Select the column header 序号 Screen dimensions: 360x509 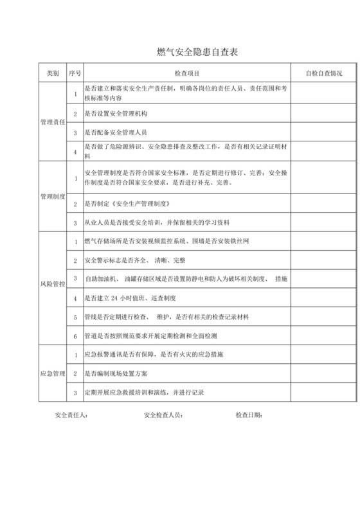pyautogui.click(x=75, y=74)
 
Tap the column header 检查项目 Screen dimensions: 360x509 pyautogui.click(x=187, y=74)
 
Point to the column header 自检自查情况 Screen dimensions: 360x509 pyautogui.click(x=323, y=74)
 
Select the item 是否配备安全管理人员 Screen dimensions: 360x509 pyautogui.click(x=116, y=132)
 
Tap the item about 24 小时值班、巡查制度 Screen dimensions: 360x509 pyautogui.click(x=134, y=299)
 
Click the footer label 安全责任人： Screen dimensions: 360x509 pyautogui.click(x=72, y=415)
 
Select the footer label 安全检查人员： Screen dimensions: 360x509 pyautogui.click(x=163, y=415)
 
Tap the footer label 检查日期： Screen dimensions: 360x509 pyautogui.click(x=249, y=415)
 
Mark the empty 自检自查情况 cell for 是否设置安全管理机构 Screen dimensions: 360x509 pyautogui.click(x=323, y=114)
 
